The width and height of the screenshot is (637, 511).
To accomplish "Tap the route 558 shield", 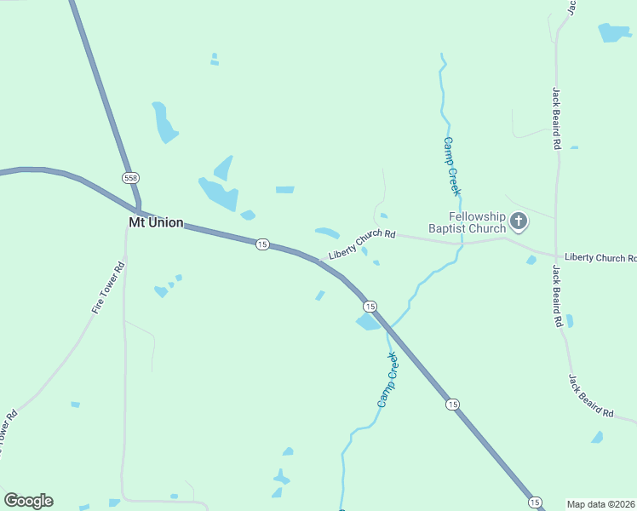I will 130,178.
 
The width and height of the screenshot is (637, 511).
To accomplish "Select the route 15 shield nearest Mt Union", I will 262,244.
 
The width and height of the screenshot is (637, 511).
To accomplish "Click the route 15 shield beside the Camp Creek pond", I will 369,306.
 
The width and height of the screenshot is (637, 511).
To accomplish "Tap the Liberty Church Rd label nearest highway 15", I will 363,245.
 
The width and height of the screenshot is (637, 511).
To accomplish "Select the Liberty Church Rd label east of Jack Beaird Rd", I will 600,257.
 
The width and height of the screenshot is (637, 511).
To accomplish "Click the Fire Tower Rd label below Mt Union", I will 108,289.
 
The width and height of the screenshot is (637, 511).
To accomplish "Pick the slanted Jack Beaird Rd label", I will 591,394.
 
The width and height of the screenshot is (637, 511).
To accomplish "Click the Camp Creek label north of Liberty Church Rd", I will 451,166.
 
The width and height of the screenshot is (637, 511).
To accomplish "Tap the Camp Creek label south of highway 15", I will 388,379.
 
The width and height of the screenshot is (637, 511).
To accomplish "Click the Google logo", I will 28,501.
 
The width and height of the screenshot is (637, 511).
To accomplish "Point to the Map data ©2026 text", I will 601,504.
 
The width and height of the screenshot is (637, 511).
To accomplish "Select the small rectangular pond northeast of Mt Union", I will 284,189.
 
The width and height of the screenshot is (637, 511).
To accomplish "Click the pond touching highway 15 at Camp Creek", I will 368,321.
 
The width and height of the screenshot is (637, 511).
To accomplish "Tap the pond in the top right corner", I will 614,32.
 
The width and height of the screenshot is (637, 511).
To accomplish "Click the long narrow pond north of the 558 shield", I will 163,123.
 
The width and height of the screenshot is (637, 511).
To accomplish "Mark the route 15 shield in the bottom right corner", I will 535,502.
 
